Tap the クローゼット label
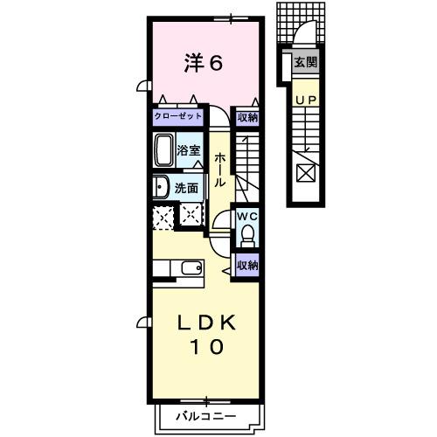(177, 116)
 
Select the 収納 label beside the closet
(247, 116)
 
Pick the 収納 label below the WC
(247, 265)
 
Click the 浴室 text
(190, 150)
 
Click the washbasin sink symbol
(160, 186)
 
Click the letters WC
(246, 216)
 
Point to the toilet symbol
(247, 233)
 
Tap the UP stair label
(305, 101)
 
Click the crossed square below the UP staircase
(307, 172)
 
